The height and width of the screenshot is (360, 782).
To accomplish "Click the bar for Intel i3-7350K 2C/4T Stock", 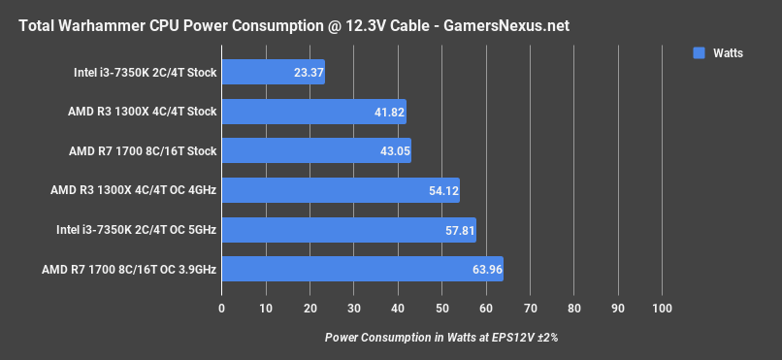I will (x=273, y=72).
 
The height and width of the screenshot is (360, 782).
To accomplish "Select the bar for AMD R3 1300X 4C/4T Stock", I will (x=313, y=112).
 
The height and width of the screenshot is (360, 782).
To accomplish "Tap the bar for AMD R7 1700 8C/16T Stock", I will (x=316, y=150).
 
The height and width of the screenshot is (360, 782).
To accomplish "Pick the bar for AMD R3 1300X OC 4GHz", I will (x=341, y=190).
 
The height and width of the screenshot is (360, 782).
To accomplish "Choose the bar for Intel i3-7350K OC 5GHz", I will (x=348, y=230).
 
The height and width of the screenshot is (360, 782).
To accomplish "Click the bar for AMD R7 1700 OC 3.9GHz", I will (x=362, y=269).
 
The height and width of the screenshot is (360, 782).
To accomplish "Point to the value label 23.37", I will (x=306, y=73).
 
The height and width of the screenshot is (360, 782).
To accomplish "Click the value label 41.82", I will (x=387, y=113).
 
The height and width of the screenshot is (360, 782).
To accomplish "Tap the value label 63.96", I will (x=484, y=270).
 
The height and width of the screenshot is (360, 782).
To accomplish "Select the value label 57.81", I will (x=457, y=230).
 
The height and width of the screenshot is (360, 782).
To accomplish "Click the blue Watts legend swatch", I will (x=699, y=53).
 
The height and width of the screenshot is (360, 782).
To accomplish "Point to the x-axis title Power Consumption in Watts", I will (x=441, y=338).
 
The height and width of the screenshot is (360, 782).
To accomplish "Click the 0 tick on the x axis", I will (x=222, y=309).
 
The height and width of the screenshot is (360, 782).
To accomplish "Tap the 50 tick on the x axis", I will (x=441, y=309).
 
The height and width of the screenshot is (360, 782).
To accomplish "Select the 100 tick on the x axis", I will (x=662, y=309).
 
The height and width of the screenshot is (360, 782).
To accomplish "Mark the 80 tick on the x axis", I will (x=573, y=309).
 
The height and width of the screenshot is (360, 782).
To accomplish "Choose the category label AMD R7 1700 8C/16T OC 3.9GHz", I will (x=129, y=270).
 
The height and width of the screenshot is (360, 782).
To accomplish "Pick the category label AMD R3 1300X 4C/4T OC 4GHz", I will (x=133, y=190).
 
